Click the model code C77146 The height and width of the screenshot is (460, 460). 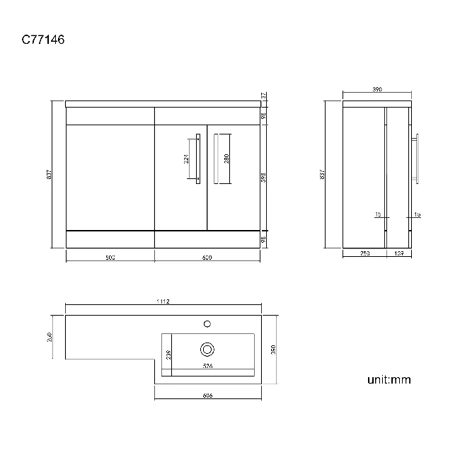[43, 40]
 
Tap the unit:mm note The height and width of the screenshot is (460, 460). [389, 380]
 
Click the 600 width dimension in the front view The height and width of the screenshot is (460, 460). [207, 258]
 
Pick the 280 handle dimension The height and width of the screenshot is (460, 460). [227, 159]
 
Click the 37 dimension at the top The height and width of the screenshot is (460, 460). [263, 96]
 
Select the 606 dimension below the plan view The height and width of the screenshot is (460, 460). [207, 396]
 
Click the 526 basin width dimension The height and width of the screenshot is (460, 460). [207, 367]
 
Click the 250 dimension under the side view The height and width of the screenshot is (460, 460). [363, 253]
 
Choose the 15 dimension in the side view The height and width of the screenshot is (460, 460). [378, 214]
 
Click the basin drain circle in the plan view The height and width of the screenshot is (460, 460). [207, 348]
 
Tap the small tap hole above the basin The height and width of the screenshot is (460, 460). [207, 323]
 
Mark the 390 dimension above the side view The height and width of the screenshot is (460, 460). [377, 90]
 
